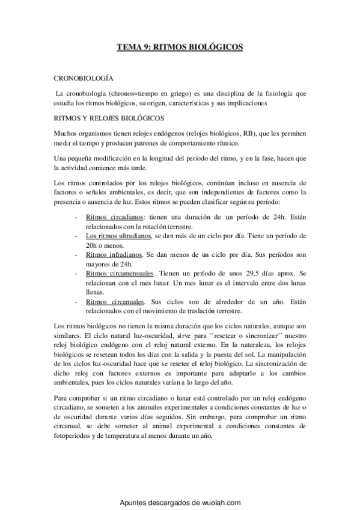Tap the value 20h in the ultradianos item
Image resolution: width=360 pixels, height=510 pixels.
tap(93, 246)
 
